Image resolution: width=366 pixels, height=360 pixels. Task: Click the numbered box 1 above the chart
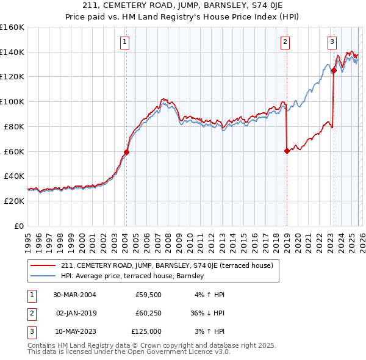(x=124, y=42)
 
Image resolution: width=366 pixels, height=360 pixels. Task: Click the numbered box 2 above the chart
(x=285, y=42)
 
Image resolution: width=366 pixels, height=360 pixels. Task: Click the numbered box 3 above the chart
(x=332, y=42)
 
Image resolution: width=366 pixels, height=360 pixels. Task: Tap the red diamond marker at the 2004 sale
(x=127, y=152)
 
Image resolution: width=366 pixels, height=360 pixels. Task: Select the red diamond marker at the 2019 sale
(x=287, y=151)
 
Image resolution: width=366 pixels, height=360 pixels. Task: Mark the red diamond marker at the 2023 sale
(x=334, y=70)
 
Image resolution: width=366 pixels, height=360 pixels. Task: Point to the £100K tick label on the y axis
(x=12, y=101)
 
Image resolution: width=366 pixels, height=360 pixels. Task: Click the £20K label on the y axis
(x=13, y=201)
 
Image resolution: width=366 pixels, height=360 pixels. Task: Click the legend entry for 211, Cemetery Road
(x=170, y=265)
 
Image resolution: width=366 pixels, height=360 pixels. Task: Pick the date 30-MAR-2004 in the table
(x=74, y=295)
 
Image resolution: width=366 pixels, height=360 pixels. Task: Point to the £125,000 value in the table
(x=146, y=331)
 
